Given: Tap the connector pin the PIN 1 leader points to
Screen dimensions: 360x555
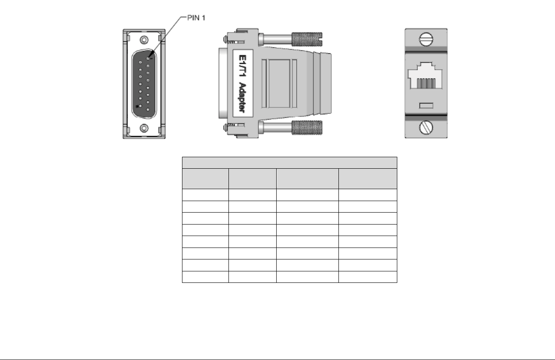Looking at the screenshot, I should (x=148, y=53).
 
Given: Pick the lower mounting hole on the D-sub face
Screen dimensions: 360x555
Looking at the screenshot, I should (x=144, y=128).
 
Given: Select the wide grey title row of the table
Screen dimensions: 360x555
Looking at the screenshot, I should (x=289, y=163).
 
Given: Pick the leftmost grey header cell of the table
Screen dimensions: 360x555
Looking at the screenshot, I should (x=205, y=179).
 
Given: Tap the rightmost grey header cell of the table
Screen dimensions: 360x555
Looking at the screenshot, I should (x=367, y=179).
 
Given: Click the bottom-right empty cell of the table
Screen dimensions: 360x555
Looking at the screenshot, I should (x=367, y=277).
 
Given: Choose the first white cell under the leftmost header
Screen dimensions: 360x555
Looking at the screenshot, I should (x=205, y=195).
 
